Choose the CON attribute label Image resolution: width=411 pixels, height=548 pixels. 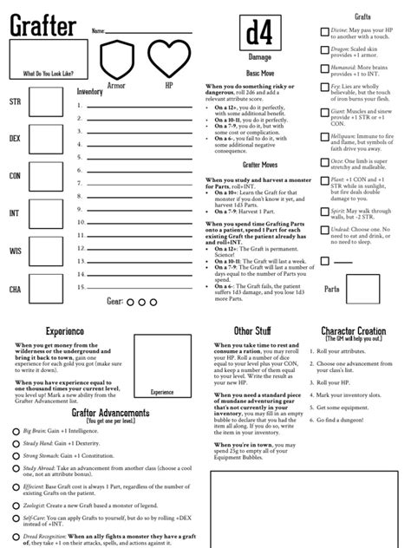[x=14, y=176]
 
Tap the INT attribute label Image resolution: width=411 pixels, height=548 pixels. [x=14, y=212]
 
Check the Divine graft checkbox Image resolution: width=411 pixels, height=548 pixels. [x=323, y=31]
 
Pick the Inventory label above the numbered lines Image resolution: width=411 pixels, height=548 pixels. [x=90, y=92]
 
